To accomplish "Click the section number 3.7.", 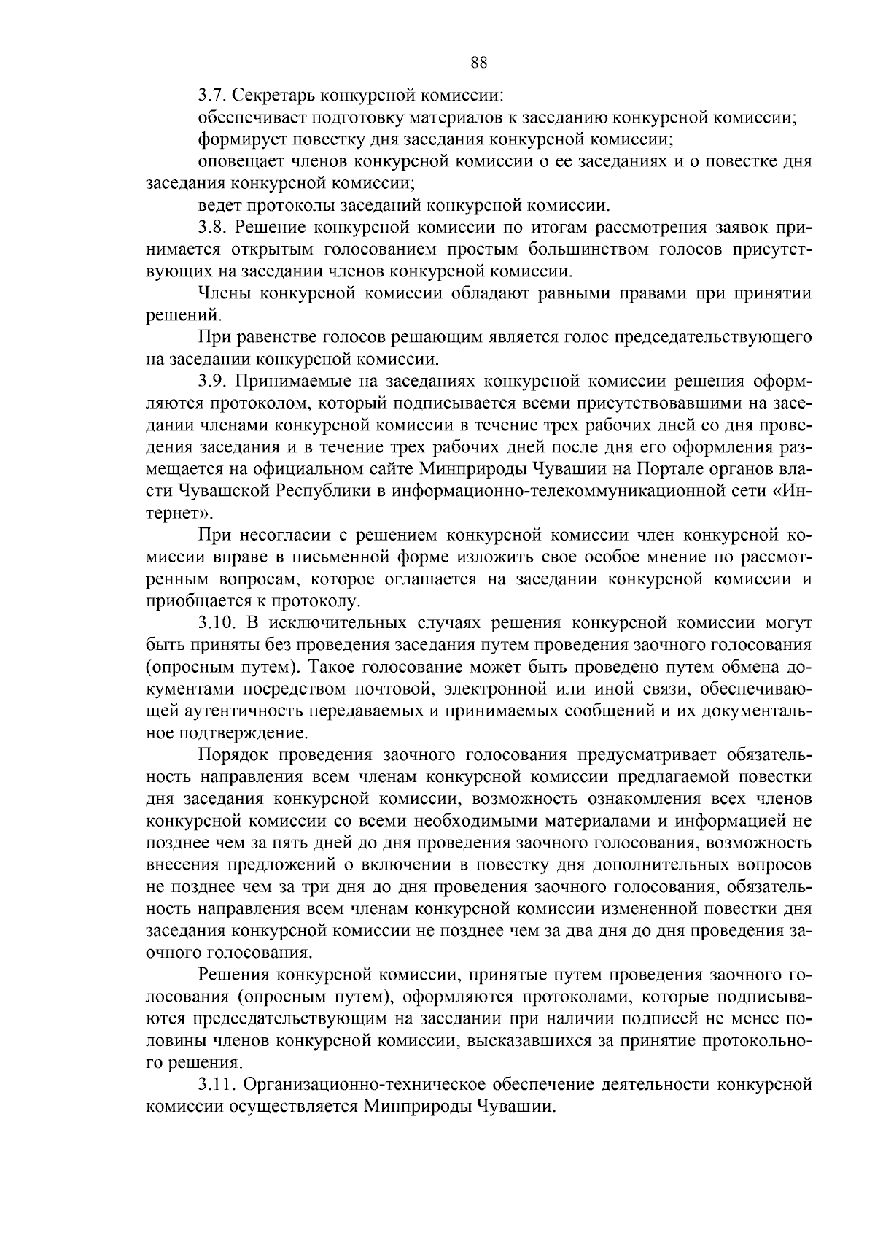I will (211, 95).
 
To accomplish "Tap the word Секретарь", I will (269, 95).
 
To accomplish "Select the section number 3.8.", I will (211, 228).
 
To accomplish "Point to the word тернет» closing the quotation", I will (175, 513).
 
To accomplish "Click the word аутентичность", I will (232, 711).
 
